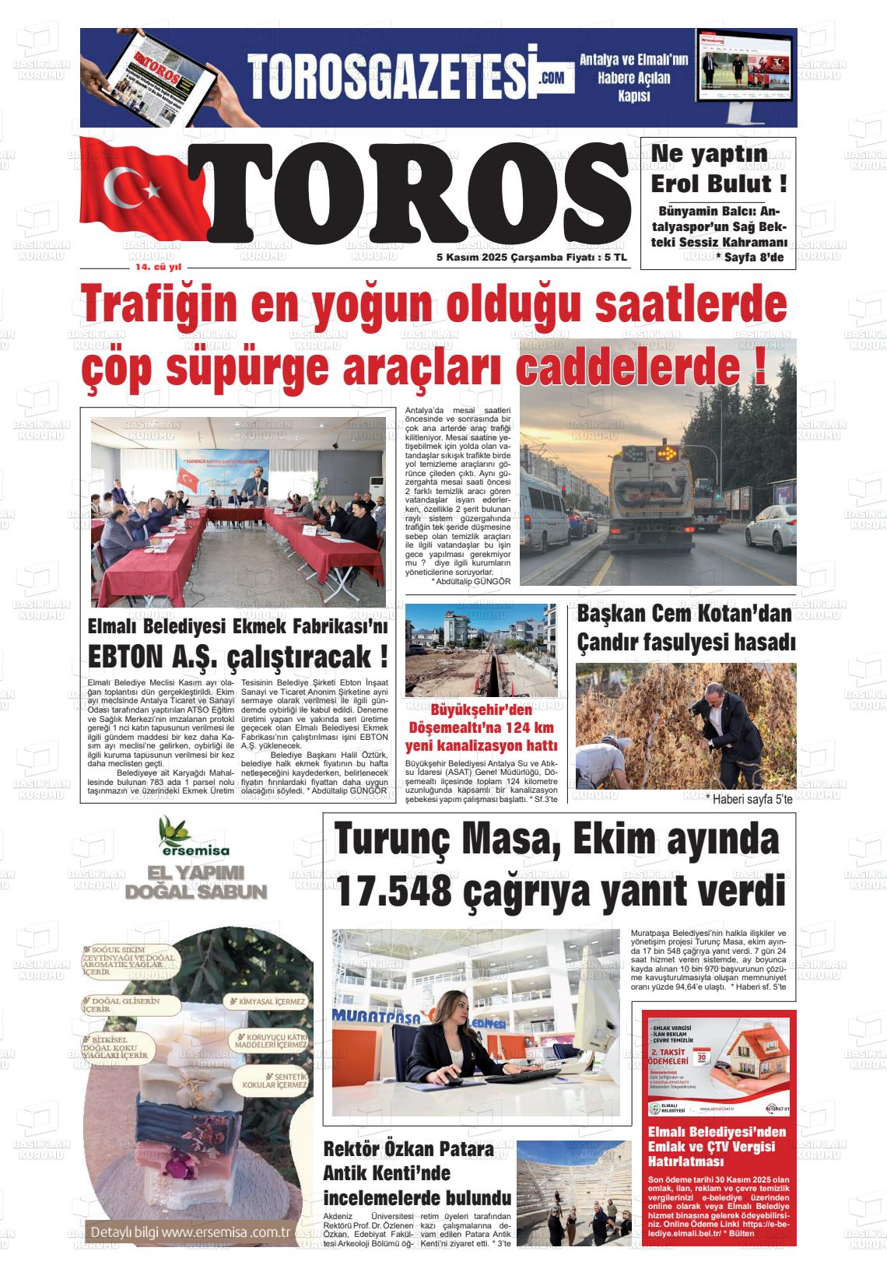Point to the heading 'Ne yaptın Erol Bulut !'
tap(717, 170)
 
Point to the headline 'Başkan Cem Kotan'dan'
tap(685, 614)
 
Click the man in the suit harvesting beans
tap(712, 727)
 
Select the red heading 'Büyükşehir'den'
tap(481, 710)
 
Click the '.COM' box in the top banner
tap(552, 78)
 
